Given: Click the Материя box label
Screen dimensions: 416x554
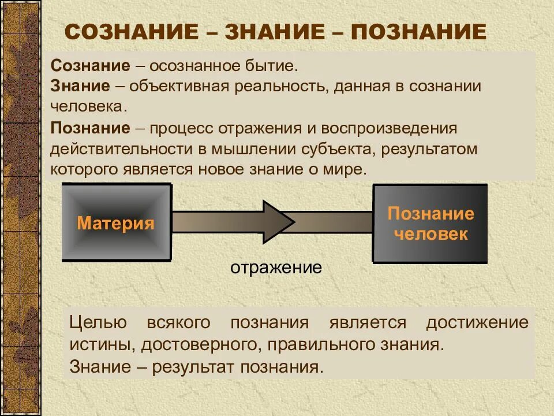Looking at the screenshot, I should (115, 223).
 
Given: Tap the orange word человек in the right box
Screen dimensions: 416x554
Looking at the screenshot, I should (431, 234).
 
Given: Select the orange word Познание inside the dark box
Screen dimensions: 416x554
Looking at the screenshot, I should (431, 214).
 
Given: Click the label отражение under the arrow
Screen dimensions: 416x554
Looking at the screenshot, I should (276, 268).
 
